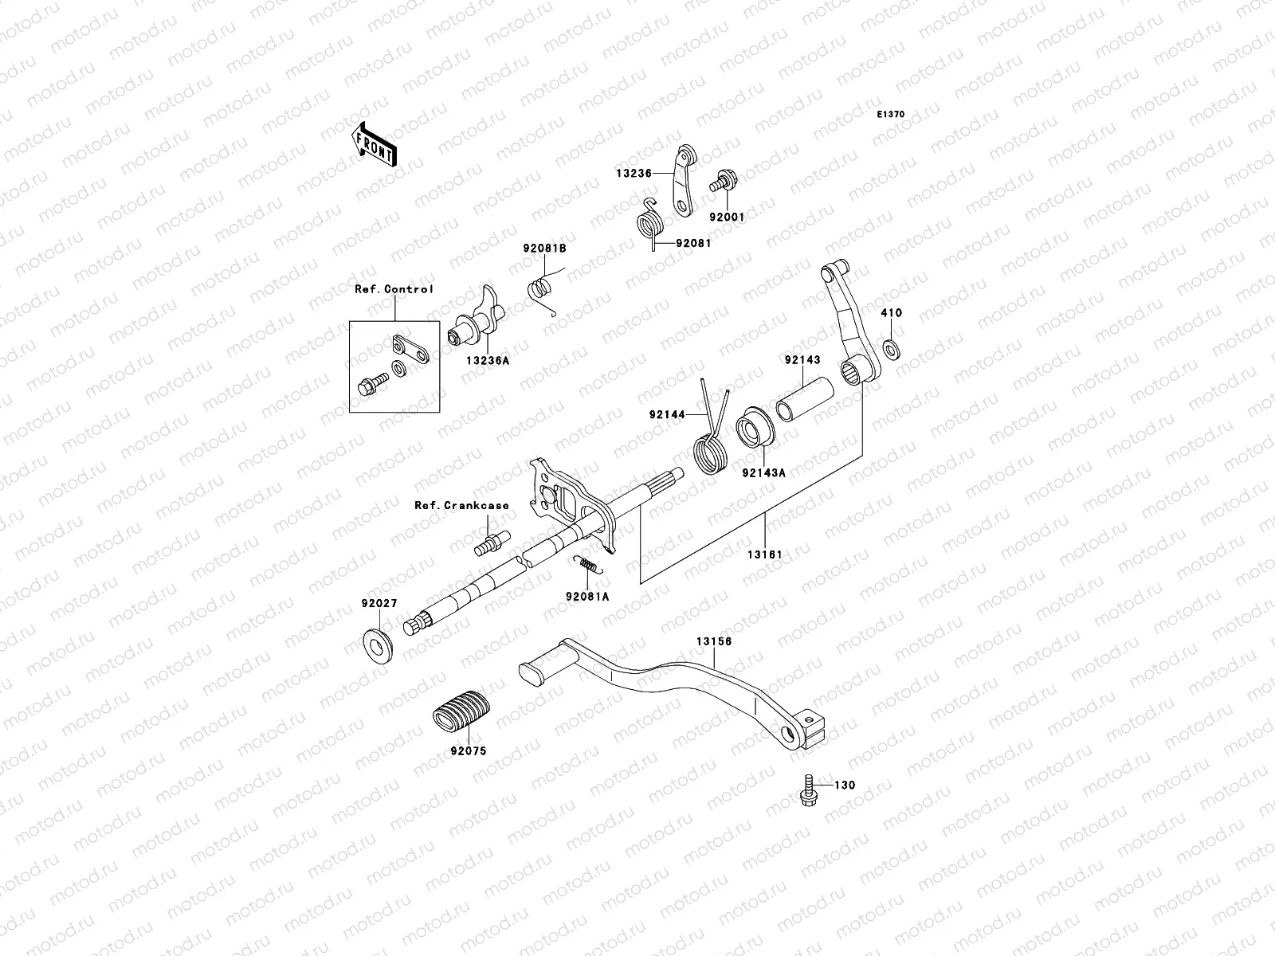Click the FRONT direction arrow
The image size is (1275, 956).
pos(374,144)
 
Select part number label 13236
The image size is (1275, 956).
pos(633,173)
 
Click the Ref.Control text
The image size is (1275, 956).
pos(394,289)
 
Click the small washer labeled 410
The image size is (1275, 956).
pos(889,348)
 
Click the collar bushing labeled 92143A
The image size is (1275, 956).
pos(752,428)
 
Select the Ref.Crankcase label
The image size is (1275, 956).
pos(461,505)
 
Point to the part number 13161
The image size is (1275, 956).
pos(765,554)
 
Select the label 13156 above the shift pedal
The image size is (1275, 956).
pos(713,641)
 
